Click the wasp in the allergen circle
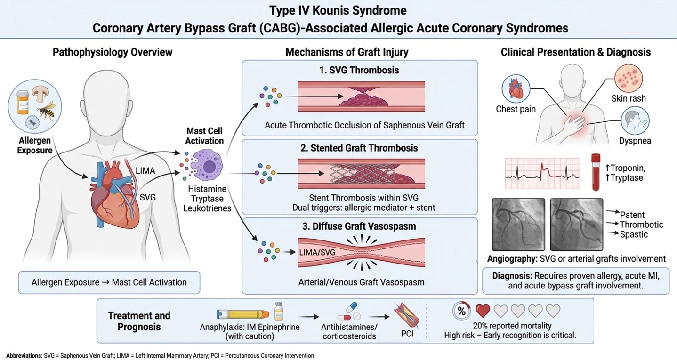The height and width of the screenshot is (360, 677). (x=47, y=110)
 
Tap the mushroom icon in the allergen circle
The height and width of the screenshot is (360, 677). (x=39, y=94)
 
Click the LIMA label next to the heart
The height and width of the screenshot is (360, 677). (x=145, y=171)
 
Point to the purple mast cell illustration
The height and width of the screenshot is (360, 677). (x=208, y=166)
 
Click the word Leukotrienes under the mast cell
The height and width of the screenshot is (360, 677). (x=207, y=208)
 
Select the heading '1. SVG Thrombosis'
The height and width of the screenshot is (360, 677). (x=359, y=70)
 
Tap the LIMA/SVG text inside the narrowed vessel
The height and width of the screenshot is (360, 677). (x=317, y=252)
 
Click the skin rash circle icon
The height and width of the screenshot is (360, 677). (x=629, y=78)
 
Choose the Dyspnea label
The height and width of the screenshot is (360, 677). (x=635, y=141)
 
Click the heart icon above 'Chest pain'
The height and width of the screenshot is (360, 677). (x=516, y=89)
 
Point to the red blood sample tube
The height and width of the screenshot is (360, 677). (x=596, y=172)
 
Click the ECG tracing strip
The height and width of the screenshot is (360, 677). (x=542, y=174)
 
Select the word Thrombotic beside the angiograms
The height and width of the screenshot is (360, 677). (x=641, y=224)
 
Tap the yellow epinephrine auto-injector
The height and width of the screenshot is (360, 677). (x=242, y=314)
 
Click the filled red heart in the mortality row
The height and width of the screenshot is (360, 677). (x=483, y=311)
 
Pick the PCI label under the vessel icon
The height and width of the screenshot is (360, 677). (x=407, y=334)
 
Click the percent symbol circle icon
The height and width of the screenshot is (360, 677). (x=461, y=311)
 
